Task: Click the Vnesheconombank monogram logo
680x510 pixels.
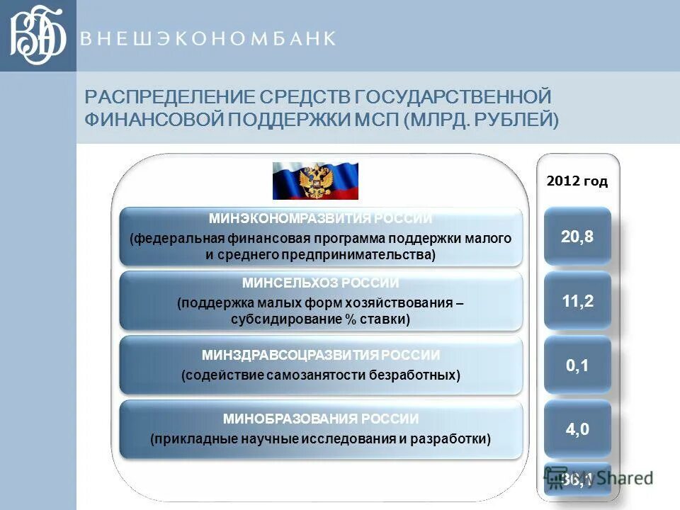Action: point(38,35)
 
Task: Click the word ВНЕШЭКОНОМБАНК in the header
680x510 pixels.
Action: point(207,39)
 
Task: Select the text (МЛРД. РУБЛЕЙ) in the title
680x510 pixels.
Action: point(481,120)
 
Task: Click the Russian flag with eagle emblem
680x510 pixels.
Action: point(315,181)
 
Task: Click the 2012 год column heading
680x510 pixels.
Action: point(577,181)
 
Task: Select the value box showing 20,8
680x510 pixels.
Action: point(577,237)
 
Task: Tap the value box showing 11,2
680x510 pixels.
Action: point(577,300)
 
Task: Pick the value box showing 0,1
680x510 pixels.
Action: point(577,365)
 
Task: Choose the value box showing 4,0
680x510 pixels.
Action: point(577,429)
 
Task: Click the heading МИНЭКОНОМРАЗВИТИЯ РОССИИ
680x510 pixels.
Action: point(320,219)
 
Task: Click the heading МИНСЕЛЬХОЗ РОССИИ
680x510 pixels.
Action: point(320,283)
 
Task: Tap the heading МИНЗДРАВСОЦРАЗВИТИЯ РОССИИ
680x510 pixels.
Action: point(320,354)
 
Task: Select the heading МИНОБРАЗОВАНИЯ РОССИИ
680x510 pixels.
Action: point(320,419)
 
